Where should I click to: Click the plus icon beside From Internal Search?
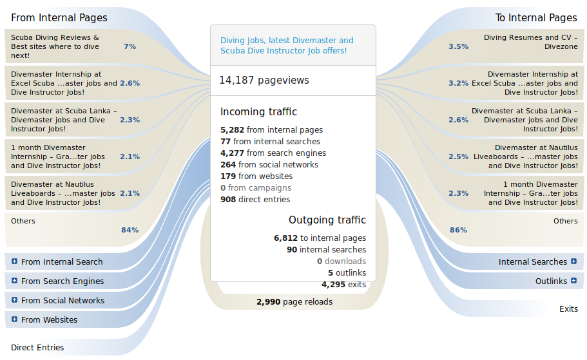click(x=14, y=262)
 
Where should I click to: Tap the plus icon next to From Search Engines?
click(x=14, y=281)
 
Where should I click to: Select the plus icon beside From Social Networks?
click(x=14, y=301)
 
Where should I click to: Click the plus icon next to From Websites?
click(x=14, y=320)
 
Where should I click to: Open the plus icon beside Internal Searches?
click(x=573, y=262)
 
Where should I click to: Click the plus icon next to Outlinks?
click(x=573, y=281)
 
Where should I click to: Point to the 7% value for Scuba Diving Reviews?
click(x=130, y=46)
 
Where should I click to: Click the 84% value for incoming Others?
click(x=130, y=230)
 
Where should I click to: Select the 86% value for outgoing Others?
click(x=458, y=230)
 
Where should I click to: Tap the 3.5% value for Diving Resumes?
click(x=458, y=46)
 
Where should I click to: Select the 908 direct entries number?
click(x=228, y=200)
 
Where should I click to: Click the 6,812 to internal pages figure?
click(x=285, y=238)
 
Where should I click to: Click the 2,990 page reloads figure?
click(x=268, y=301)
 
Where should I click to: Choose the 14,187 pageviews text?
click(x=264, y=81)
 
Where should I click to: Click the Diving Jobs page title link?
click(x=287, y=45)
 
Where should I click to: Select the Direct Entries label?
click(x=37, y=348)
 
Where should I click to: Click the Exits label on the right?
click(x=568, y=309)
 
